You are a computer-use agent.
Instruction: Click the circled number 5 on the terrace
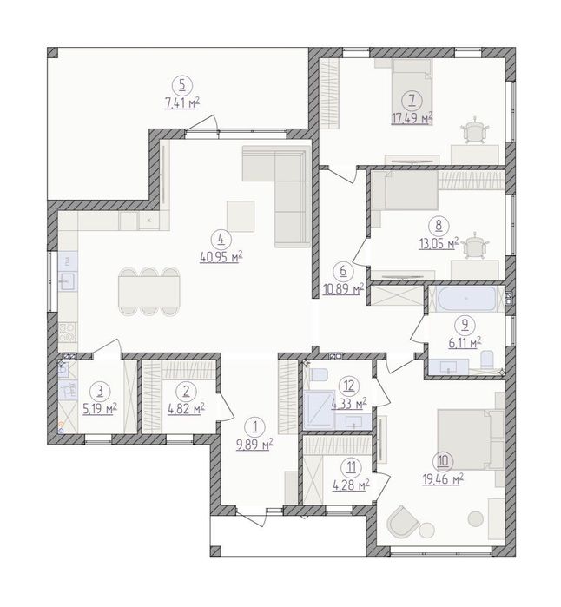182,86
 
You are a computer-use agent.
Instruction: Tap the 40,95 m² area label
221,256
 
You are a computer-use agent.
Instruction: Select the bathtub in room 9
466,299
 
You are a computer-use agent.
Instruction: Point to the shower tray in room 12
319,410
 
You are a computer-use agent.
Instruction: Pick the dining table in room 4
149,292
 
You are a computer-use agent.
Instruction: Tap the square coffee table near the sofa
241,216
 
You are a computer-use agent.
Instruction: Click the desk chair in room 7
475,130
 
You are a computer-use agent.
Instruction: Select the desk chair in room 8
475,246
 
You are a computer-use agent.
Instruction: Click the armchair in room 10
403,521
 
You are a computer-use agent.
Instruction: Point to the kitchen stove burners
68,333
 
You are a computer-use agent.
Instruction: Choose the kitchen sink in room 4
68,281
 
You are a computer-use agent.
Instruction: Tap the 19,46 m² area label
443,479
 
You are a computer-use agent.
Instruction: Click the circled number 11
351,467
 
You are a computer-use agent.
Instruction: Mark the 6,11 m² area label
465,342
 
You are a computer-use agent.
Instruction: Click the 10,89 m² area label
343,288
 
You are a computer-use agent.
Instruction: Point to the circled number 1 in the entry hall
254,427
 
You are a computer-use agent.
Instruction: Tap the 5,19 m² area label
100,408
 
